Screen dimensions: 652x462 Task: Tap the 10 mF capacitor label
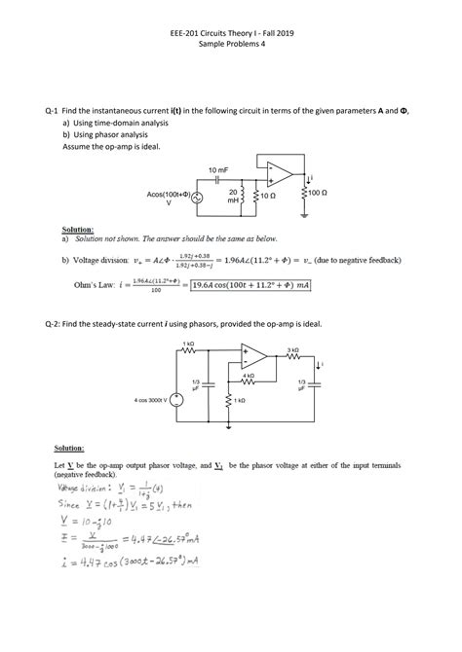(219, 171)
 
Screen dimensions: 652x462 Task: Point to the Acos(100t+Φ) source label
(169, 196)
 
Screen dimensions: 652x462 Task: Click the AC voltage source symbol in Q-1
(199, 198)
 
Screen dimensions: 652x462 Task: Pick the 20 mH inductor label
(234, 196)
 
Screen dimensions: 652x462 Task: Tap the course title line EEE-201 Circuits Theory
(231, 32)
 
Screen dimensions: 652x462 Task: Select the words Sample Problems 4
(231, 44)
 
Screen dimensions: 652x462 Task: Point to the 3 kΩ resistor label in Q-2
(292, 349)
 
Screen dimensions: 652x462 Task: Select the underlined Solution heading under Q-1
(78, 229)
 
